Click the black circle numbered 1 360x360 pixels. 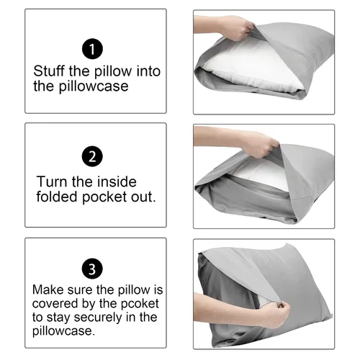(92, 49)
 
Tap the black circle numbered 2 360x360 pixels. (92, 156)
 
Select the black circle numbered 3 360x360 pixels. (92, 269)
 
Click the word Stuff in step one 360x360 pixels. (49, 71)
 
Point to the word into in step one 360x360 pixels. (148, 71)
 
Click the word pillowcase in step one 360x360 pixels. (94, 86)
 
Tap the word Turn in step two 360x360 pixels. (52, 181)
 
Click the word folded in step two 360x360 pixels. (57, 197)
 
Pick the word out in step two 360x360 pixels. (143, 197)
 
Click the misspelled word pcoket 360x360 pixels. (140, 304)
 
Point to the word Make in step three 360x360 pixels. (48, 289)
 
